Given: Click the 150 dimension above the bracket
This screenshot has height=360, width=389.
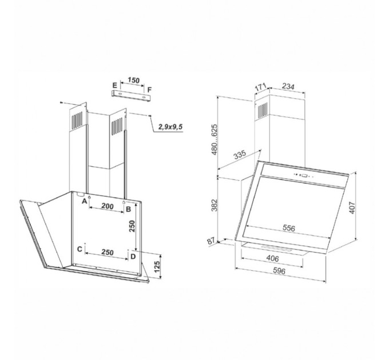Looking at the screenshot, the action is [x=134, y=80].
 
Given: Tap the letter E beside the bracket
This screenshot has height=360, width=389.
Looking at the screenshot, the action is [x=114, y=86].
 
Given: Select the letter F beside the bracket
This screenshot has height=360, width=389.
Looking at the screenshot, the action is [x=149, y=90].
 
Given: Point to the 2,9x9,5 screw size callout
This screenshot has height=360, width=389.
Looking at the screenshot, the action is [x=170, y=127].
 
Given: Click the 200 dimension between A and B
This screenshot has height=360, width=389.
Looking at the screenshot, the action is [x=108, y=206].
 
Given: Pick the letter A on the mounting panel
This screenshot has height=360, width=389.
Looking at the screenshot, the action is [x=84, y=201].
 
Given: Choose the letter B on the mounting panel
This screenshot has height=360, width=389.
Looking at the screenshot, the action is [x=128, y=209].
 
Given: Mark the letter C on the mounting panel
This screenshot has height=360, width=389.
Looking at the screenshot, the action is [x=80, y=249].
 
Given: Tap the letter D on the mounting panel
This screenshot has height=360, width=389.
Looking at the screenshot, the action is [x=133, y=257].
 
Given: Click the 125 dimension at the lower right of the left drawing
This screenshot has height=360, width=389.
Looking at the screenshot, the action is [x=157, y=266].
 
